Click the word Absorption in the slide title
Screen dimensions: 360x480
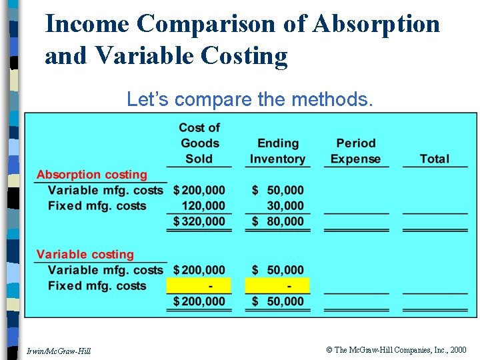click(376, 24)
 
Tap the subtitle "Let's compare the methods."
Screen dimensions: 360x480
click(249, 100)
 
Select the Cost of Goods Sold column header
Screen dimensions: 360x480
click(199, 143)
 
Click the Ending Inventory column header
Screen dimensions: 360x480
click(277, 151)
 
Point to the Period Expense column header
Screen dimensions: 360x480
click(355, 151)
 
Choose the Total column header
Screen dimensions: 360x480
click(434, 159)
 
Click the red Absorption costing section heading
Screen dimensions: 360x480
click(92, 175)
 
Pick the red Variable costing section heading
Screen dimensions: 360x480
click(85, 255)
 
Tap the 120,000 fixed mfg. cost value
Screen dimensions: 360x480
click(203, 206)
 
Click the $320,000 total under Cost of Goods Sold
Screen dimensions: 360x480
click(199, 221)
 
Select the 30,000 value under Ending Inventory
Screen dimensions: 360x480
click(285, 206)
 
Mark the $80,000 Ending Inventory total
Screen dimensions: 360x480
click(277, 221)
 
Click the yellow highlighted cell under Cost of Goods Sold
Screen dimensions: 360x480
click(199, 286)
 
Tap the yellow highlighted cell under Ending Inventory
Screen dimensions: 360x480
click(277, 286)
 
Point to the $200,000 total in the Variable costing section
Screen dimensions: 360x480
click(199, 301)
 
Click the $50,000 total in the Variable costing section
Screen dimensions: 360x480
click(277, 301)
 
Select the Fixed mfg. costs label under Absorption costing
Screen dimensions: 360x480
click(97, 206)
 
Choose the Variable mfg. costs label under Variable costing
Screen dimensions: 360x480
click(105, 270)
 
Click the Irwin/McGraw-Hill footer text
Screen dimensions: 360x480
click(59, 351)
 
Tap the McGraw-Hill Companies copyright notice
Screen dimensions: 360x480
click(397, 349)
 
